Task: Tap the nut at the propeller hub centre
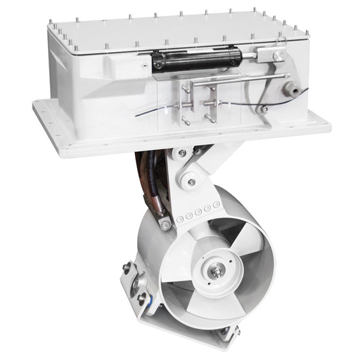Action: tap(217, 273)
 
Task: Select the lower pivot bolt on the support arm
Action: tap(192, 182)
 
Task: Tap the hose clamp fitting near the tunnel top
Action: tap(164, 224)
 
